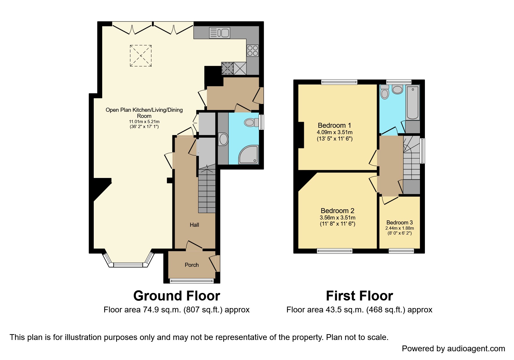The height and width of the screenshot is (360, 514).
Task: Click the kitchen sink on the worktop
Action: point(219,33)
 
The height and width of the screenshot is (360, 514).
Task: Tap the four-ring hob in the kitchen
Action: point(253,51)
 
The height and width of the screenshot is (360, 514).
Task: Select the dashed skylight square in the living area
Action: point(140,56)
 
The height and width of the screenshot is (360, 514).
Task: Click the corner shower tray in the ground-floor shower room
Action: point(248,154)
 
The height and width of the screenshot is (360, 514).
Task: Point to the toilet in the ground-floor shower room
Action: point(251,122)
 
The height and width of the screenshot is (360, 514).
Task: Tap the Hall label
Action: point(194,225)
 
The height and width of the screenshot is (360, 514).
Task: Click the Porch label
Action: point(192,265)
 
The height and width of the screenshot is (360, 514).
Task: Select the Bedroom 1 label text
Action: point(334,125)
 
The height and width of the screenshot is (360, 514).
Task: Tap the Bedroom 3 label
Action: point(399,222)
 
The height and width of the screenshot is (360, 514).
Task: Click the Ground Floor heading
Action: point(176,296)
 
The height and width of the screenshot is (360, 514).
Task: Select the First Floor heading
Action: point(359,296)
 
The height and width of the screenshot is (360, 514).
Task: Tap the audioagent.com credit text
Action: point(453,348)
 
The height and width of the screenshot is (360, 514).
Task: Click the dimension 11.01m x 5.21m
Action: point(144,121)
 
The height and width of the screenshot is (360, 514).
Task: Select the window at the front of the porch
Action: point(192,280)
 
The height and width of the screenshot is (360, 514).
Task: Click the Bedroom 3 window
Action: point(401,251)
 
